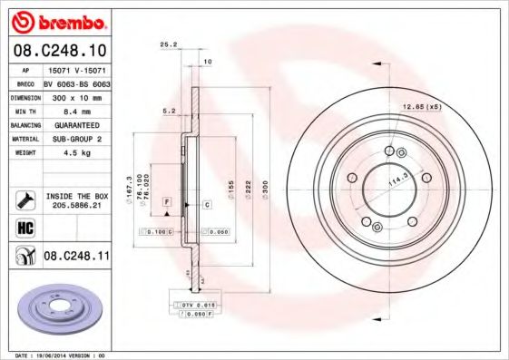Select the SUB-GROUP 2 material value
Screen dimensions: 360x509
[x=75, y=141]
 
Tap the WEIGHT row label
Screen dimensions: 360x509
[x=24, y=153]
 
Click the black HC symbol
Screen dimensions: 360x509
[x=24, y=228]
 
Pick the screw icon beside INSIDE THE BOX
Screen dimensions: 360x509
[x=24, y=199]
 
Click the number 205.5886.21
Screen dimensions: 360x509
[x=77, y=206]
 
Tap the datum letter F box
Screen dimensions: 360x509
[x=167, y=199]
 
